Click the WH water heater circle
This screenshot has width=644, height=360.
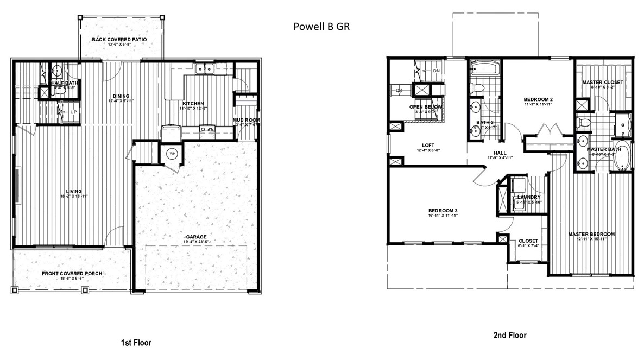coord(173,154)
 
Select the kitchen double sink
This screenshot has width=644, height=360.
coord(204,69)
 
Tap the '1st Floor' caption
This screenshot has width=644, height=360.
coord(136,343)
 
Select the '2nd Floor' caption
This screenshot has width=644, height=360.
coord(509,336)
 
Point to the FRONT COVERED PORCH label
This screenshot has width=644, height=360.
coord(72,274)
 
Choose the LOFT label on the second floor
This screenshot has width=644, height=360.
coord(428,145)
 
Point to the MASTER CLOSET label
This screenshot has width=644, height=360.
coord(603,83)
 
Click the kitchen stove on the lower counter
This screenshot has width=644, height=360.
coord(172,131)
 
